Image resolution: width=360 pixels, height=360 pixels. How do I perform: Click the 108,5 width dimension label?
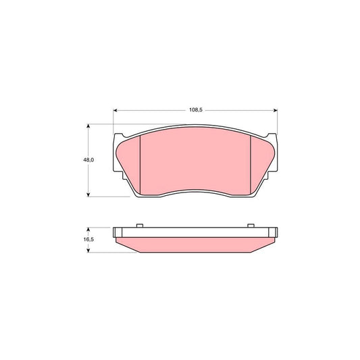click(196, 110)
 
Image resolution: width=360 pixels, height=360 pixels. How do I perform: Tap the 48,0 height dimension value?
click(88, 160)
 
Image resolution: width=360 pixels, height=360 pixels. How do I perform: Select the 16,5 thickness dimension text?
click(88, 239)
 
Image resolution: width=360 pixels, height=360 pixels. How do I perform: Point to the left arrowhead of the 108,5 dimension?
click(115, 111)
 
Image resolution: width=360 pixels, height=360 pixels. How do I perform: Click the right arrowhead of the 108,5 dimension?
click(276, 111)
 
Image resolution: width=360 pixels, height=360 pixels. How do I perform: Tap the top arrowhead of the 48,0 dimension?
click(88, 126)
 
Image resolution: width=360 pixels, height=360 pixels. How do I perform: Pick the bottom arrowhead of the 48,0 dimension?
click(88, 195)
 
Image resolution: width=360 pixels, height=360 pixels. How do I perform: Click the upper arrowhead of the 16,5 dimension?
click(88, 230)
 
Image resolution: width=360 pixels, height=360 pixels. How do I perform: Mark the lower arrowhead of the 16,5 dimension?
click(88, 251)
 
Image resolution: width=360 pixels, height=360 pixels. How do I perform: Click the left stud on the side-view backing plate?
click(140, 226)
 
